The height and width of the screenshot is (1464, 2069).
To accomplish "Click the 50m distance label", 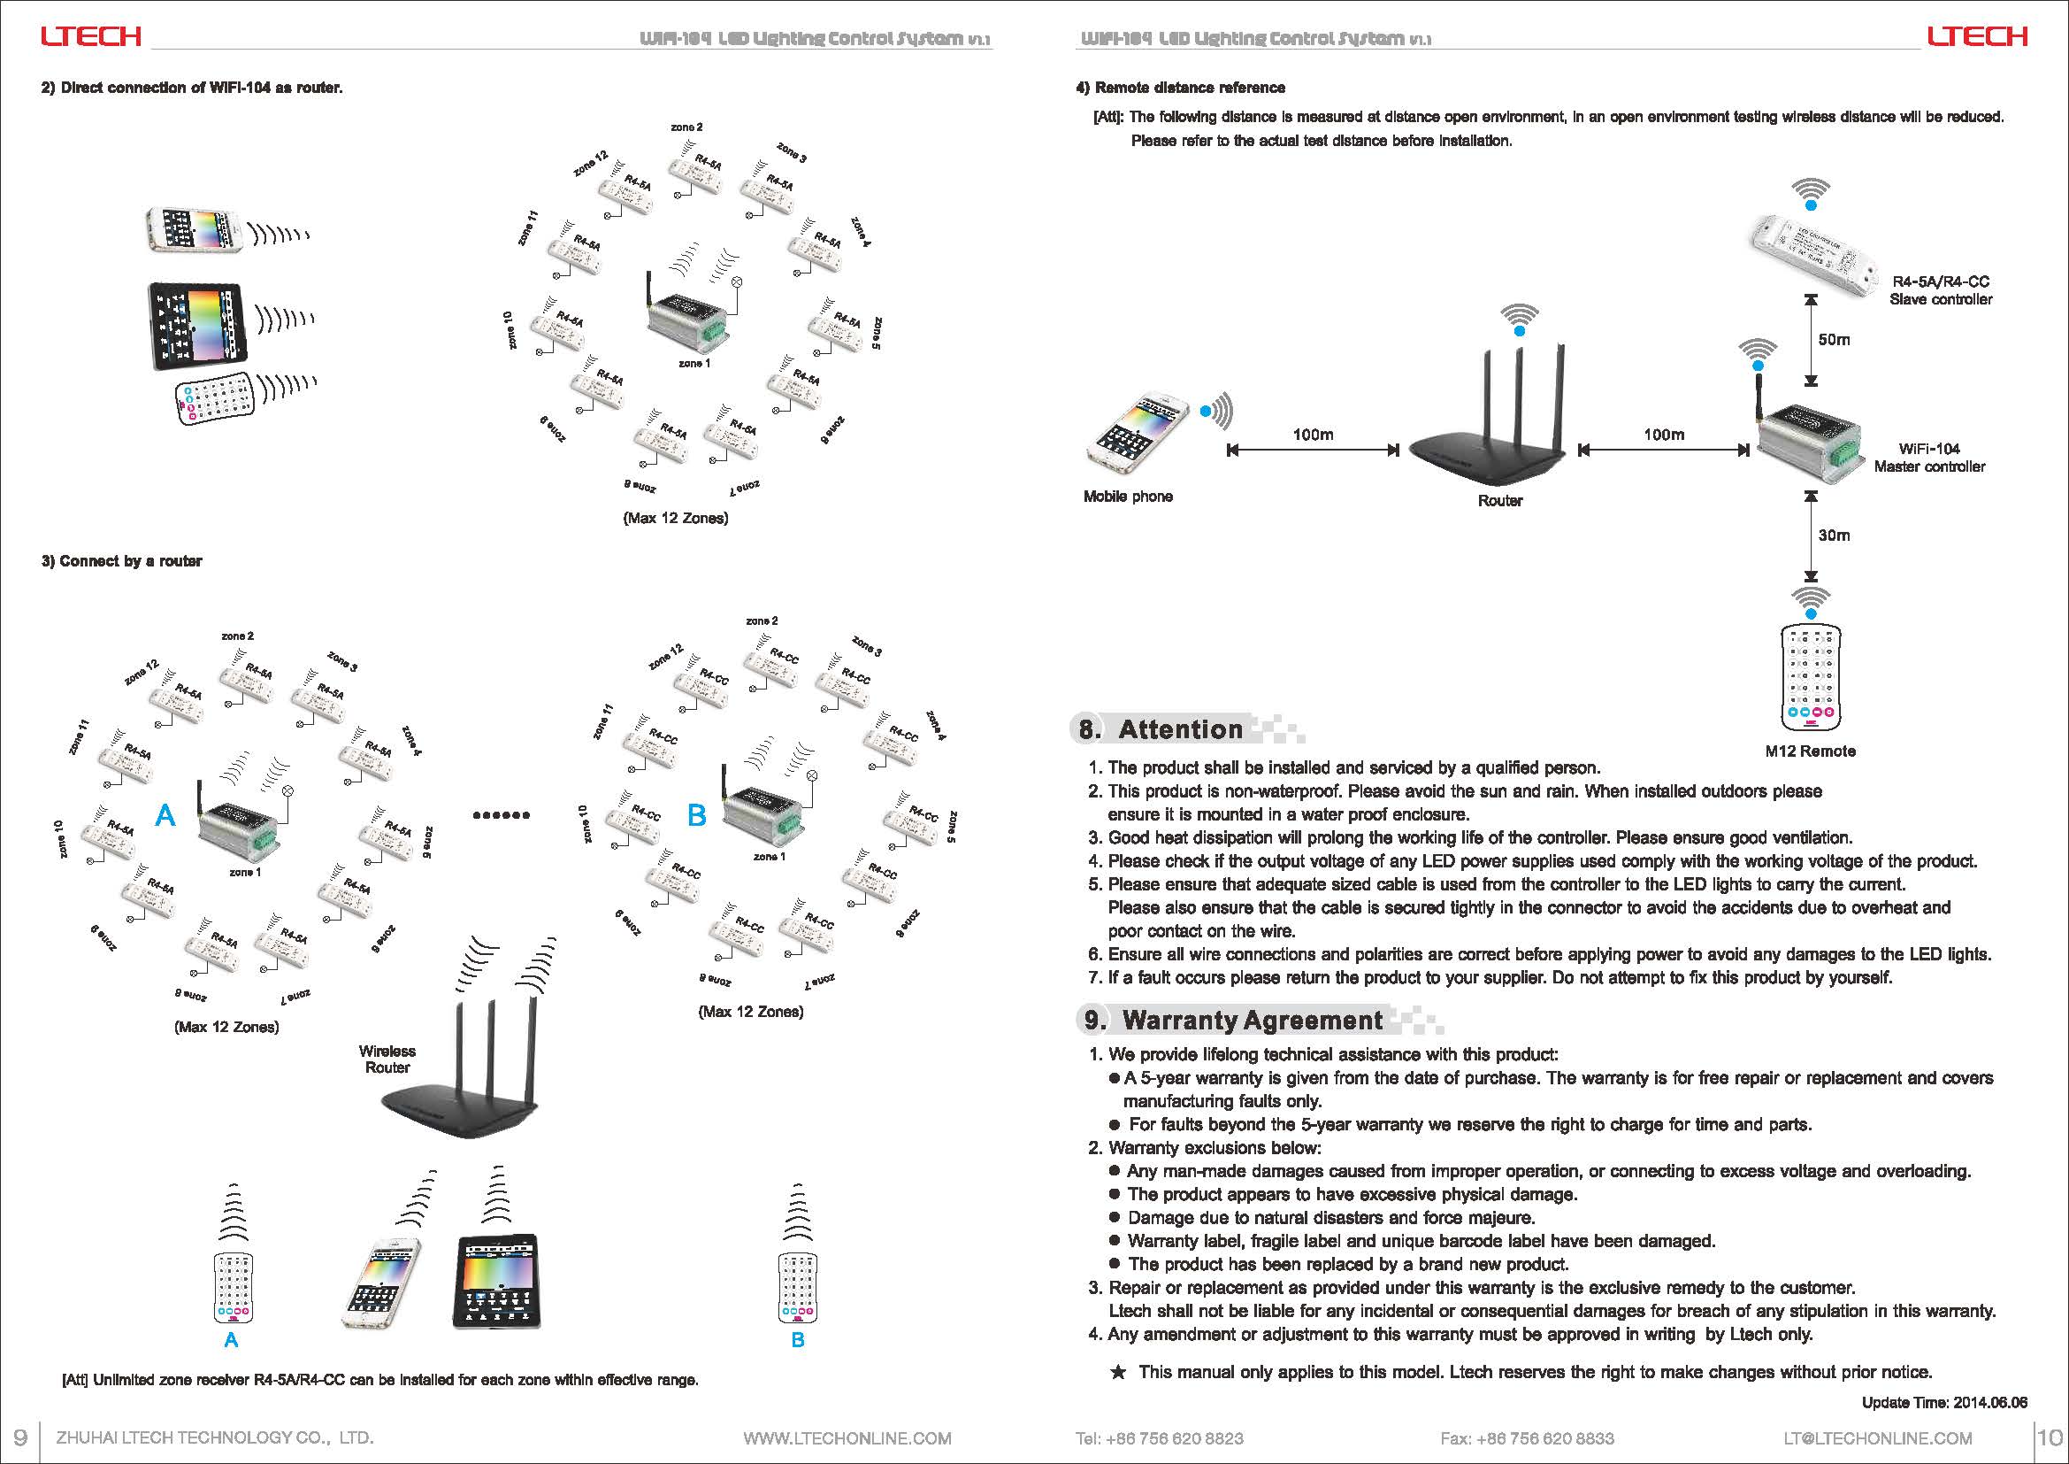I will coord(1834,340).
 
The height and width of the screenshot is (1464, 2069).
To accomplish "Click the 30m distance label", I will coord(1834,536).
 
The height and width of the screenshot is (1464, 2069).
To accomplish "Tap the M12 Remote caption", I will coord(1810,751).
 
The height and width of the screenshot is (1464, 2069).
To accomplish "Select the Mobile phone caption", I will coord(1127,497).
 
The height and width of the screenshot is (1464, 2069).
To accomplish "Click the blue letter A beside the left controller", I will coord(165,816).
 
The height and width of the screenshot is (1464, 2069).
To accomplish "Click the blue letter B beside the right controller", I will coord(696,816).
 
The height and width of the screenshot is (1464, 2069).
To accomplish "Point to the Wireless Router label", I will coord(387,1059).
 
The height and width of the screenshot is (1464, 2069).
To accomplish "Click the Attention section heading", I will coord(1180,729).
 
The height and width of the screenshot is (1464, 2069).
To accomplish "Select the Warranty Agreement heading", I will coord(1252,1021).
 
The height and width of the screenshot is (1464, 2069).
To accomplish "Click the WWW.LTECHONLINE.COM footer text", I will coord(847,1437).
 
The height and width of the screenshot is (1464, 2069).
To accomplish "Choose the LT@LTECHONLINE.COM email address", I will coord(1878,1437).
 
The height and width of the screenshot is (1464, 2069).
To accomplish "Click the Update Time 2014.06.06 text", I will coord(1944,1403).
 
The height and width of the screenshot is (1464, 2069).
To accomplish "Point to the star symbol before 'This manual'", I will coord(1117,1373).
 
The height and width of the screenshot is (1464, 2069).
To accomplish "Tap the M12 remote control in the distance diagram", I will coord(1810,677).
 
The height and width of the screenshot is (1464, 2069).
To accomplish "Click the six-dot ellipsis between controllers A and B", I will coord(501,815).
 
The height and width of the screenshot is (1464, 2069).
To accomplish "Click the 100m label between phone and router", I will coord(1313,435).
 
